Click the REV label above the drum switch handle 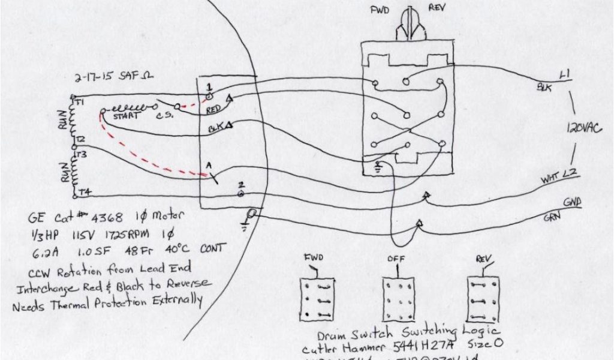click(x=436, y=8)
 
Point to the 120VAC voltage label click(x=583, y=128)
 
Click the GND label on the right click(x=572, y=203)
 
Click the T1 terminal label click(x=80, y=101)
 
